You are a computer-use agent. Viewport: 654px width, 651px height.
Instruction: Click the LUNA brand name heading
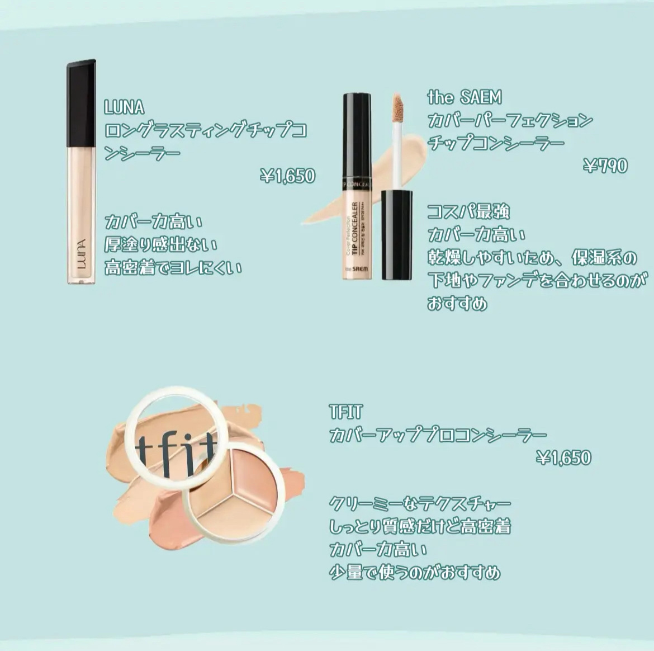click(x=124, y=108)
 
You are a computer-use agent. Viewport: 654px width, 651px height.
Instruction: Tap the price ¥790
click(x=605, y=166)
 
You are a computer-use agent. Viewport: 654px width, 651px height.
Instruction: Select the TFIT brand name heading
click(x=346, y=412)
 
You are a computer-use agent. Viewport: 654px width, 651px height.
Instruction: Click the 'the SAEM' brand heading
click(x=465, y=97)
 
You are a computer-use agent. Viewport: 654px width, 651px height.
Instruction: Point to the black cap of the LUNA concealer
click(x=81, y=102)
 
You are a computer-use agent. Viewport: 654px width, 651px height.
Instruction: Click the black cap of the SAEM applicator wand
click(x=397, y=235)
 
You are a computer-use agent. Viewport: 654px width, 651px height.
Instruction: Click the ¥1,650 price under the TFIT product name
click(x=563, y=458)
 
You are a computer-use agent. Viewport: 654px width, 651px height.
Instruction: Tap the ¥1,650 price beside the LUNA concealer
click(x=287, y=176)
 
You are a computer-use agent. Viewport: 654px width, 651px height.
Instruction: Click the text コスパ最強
click(x=468, y=212)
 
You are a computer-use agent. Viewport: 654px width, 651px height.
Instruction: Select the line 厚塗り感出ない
click(x=160, y=244)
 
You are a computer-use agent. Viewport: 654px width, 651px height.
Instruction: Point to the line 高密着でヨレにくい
click(x=173, y=267)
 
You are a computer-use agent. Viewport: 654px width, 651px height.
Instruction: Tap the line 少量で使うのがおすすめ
click(x=415, y=572)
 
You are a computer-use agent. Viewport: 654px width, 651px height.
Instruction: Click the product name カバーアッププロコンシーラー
click(x=438, y=435)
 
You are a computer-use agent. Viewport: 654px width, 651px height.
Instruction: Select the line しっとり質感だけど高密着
click(x=420, y=526)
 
